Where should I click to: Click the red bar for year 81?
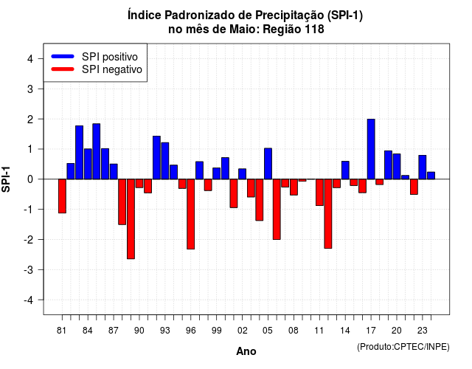tap(62, 196)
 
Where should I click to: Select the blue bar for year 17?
tap(371, 149)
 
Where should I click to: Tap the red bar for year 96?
tap(191, 214)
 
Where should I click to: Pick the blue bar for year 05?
tap(268, 164)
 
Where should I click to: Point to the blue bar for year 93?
tap(165, 161)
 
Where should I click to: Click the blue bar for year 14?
tap(345, 170)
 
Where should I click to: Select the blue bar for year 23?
tap(423, 168)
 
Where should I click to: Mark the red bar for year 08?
tap(294, 187)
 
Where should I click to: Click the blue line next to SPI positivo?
tap(63, 56)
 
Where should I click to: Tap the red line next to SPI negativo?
tap(63, 69)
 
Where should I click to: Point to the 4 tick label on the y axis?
tap(30, 59)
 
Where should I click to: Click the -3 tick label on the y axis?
tap(29, 269)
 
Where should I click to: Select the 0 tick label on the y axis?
tap(30, 179)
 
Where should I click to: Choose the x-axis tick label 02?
tap(243, 331)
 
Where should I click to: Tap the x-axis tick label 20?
tap(397, 331)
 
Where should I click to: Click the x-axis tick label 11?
tap(319, 331)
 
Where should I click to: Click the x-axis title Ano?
tap(246, 351)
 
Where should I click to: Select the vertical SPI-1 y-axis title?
tap(6, 179)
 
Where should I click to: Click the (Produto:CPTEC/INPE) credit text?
tap(403, 347)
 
